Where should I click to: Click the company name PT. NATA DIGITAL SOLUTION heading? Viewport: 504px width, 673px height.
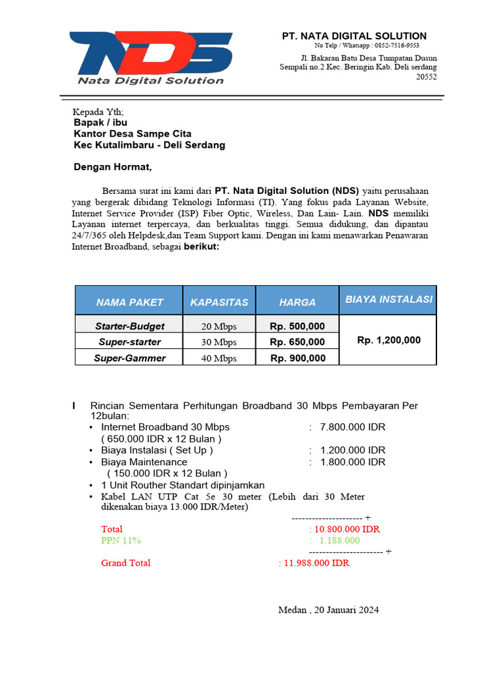click(x=354, y=36)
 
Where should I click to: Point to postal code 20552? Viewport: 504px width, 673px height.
click(x=427, y=76)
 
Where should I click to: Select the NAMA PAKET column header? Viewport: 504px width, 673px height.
click(x=129, y=302)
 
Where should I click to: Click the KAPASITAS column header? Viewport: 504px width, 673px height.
click(x=219, y=302)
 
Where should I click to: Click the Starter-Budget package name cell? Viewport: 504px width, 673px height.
click(x=129, y=326)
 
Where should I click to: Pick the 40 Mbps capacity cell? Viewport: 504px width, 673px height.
click(x=219, y=358)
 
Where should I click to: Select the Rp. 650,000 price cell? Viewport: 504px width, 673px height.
click(x=297, y=342)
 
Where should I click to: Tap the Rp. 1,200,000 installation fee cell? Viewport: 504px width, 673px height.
click(x=388, y=340)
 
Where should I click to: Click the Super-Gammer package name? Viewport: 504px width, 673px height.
click(x=129, y=358)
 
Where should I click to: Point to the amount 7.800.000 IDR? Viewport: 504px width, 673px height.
click(x=352, y=427)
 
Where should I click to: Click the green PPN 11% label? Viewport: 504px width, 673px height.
click(x=121, y=540)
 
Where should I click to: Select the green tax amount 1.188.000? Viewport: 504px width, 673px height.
click(x=339, y=540)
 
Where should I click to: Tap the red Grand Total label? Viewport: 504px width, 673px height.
click(x=125, y=563)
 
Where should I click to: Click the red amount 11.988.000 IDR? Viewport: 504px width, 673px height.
click(x=316, y=563)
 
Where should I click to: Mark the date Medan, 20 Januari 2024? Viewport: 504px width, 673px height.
click(x=328, y=610)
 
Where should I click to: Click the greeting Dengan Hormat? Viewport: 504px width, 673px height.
click(x=112, y=168)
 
